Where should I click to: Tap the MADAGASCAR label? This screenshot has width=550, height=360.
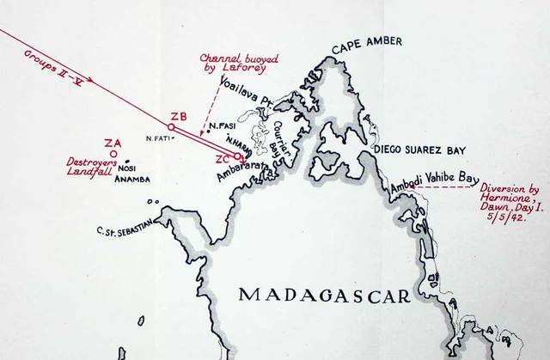click(324, 295)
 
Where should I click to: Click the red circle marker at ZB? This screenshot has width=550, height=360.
click(172, 127)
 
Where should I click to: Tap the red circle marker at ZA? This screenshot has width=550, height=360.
click(113, 154)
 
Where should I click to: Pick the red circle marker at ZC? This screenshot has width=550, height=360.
click(237, 156)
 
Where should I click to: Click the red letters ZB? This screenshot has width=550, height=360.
click(179, 116)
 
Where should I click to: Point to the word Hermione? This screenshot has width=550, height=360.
click(511, 196)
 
